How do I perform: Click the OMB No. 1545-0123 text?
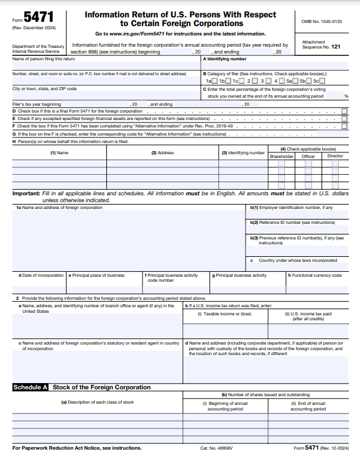(321, 21)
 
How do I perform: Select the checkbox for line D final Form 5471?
(344, 111)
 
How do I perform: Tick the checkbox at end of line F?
(344, 126)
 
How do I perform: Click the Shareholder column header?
(281, 156)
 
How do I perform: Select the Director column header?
(335, 156)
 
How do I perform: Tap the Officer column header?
(308, 156)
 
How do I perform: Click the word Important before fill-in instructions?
(26, 194)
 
